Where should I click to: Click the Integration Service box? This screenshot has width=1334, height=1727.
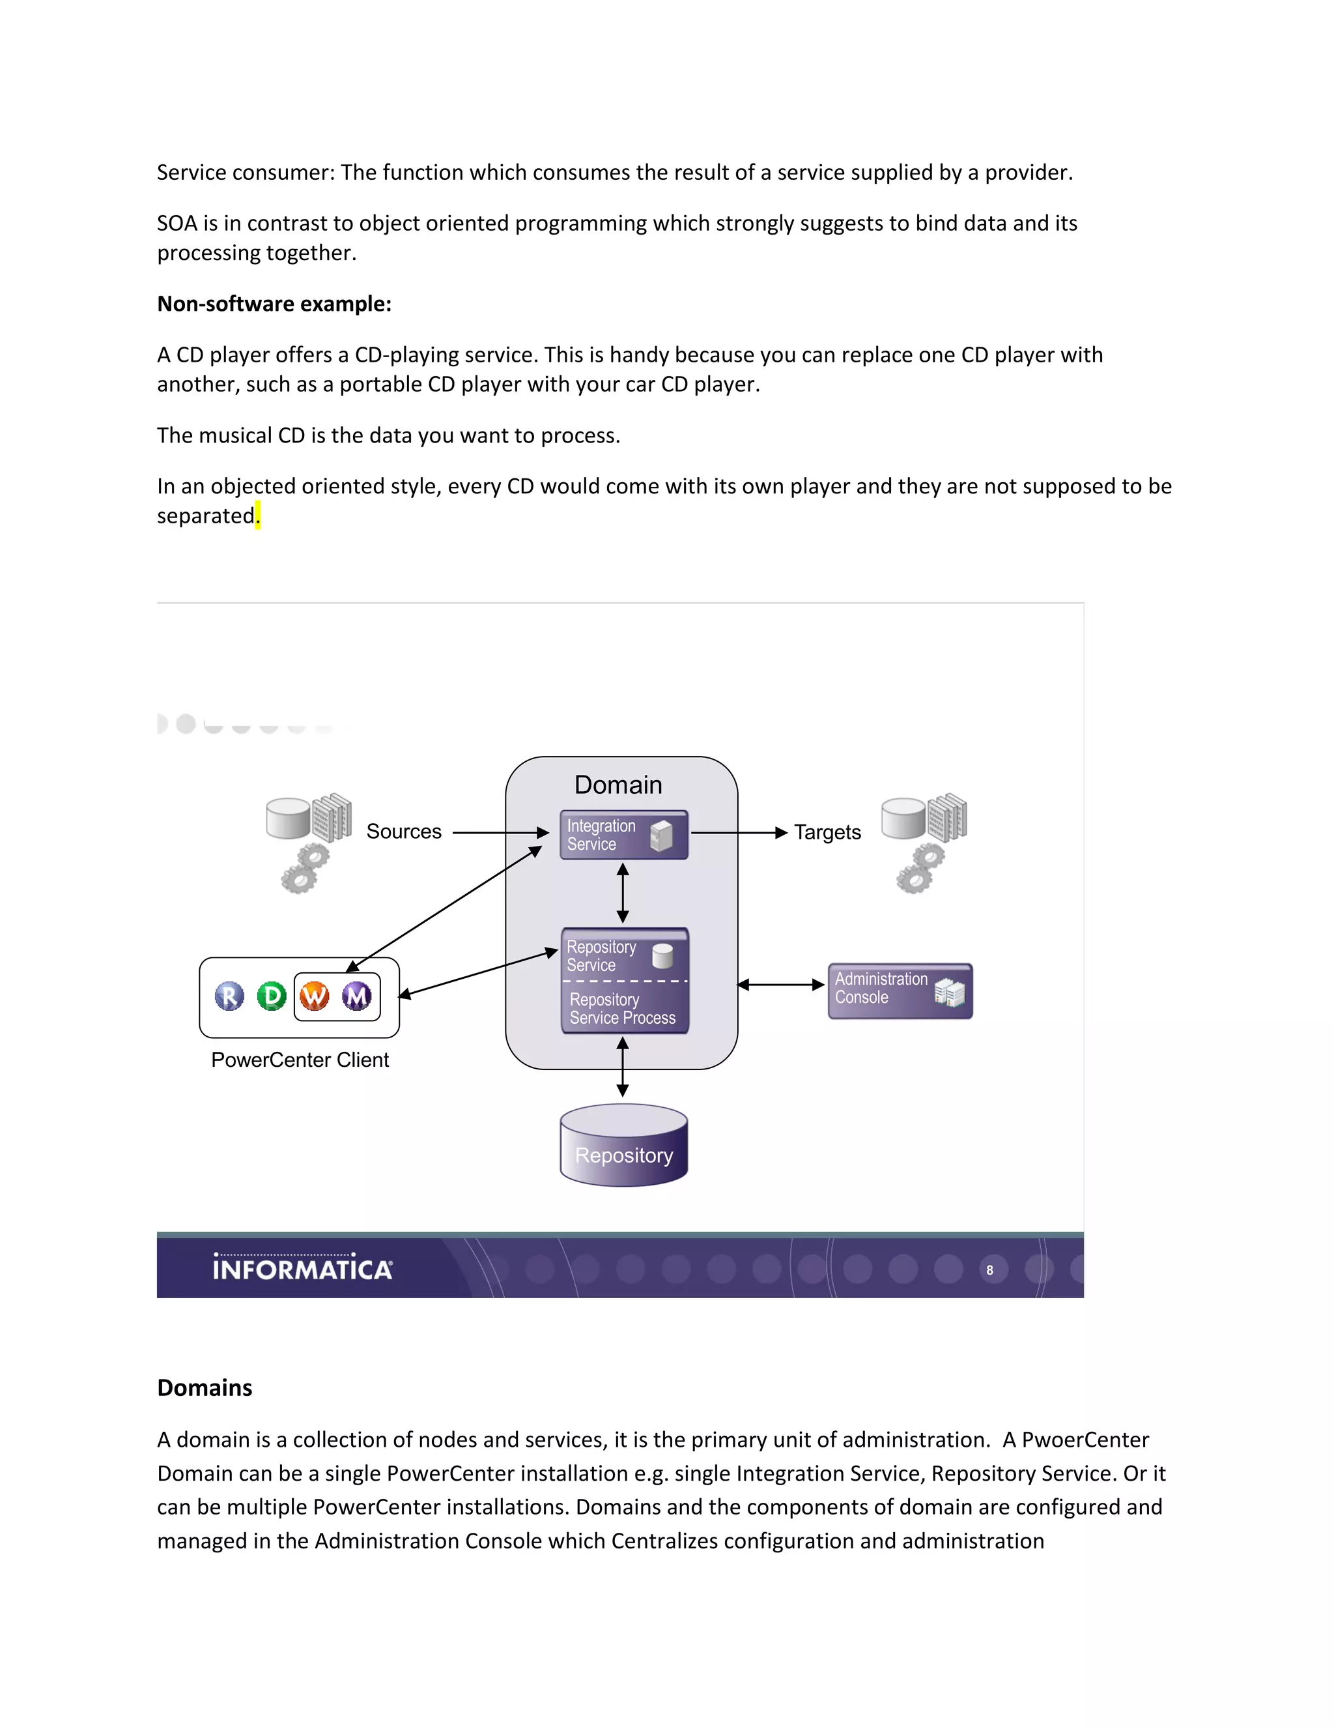(623, 834)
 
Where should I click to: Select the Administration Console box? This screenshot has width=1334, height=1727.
(900, 990)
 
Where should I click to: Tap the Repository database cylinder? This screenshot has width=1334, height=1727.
(623, 1146)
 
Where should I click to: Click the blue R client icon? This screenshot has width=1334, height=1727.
(229, 996)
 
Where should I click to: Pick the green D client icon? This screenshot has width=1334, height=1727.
(271, 996)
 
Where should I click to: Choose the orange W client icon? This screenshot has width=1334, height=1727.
(315, 996)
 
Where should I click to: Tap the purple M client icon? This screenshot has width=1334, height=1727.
(356, 996)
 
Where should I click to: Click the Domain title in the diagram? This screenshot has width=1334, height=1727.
(618, 785)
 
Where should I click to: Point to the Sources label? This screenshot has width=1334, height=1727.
(404, 832)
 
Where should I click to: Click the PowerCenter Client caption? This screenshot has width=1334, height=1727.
(300, 1060)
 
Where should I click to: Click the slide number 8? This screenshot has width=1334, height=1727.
(989, 1270)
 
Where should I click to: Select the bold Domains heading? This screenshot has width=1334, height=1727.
(205, 1387)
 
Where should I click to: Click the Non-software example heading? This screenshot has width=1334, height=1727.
(274, 304)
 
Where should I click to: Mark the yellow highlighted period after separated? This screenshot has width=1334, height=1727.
(258, 516)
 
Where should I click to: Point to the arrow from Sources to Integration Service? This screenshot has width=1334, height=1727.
(500, 833)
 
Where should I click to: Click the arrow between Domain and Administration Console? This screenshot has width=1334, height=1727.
(781, 985)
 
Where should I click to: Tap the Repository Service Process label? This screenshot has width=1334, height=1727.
(623, 1009)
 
